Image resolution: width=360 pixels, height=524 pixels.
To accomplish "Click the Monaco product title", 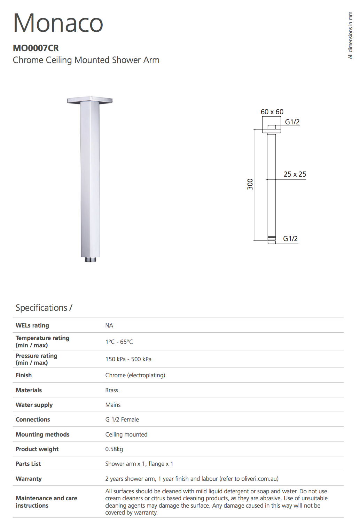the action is [x=58, y=23].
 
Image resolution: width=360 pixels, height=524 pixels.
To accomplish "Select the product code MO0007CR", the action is [x=36, y=48].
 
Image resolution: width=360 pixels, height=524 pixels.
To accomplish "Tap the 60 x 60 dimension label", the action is [x=272, y=112].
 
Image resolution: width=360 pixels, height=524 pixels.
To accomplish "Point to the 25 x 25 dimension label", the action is [x=295, y=174].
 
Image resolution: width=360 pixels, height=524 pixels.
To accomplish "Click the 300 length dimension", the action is [x=250, y=184].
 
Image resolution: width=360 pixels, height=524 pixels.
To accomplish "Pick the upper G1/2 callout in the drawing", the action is [x=292, y=122].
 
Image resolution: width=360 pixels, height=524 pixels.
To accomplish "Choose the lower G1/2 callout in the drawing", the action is [x=290, y=239].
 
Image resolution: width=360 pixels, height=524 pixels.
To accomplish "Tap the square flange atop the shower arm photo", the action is [x=90, y=100].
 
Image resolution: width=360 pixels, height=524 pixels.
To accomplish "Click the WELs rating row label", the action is [x=32, y=325].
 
